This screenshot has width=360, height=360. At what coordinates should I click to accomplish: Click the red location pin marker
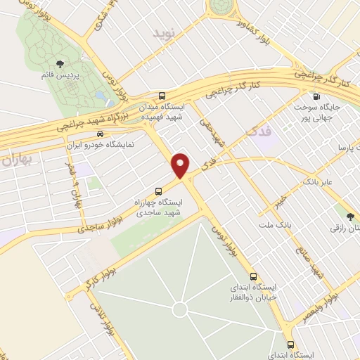point(181,165)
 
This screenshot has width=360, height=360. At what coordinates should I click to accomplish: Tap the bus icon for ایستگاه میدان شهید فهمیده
point(163,96)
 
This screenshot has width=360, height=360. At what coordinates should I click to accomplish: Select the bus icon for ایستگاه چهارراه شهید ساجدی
point(158,190)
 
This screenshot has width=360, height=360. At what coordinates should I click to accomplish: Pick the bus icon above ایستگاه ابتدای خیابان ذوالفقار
point(255,276)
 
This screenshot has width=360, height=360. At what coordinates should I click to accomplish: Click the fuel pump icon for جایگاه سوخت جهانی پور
point(316,97)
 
